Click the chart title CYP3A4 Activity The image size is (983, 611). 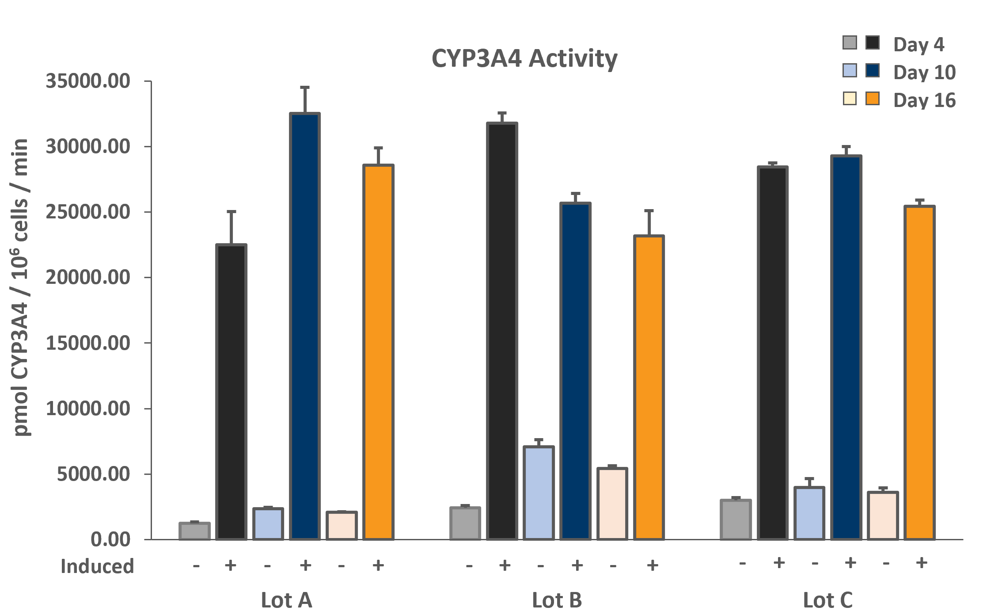tap(524, 59)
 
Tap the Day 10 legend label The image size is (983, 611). tap(924, 72)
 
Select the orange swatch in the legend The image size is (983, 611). tap(872, 98)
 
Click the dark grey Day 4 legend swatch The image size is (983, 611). tap(872, 42)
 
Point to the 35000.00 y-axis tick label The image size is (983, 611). tap(88, 81)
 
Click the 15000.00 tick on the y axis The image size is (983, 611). tap(88, 343)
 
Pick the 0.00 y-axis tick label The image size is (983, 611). tap(110, 539)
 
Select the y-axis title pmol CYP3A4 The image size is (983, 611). tap(21, 287)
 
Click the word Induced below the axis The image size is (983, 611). tap(97, 566)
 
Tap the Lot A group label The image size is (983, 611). tap(287, 600)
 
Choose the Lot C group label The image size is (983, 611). tap(828, 600)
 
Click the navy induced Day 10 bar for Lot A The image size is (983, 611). tap(305, 326)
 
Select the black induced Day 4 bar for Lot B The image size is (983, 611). tap(502, 331)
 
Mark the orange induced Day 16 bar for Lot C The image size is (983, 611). tap(920, 373)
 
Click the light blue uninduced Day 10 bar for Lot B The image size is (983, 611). tap(539, 493)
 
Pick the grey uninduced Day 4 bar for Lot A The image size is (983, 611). tap(194, 531)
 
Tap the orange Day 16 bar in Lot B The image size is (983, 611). tap(649, 388)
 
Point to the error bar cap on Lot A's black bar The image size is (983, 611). tap(232, 212)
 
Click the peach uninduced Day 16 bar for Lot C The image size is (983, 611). tap(883, 516)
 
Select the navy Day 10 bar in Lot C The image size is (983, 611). tap(846, 348)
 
